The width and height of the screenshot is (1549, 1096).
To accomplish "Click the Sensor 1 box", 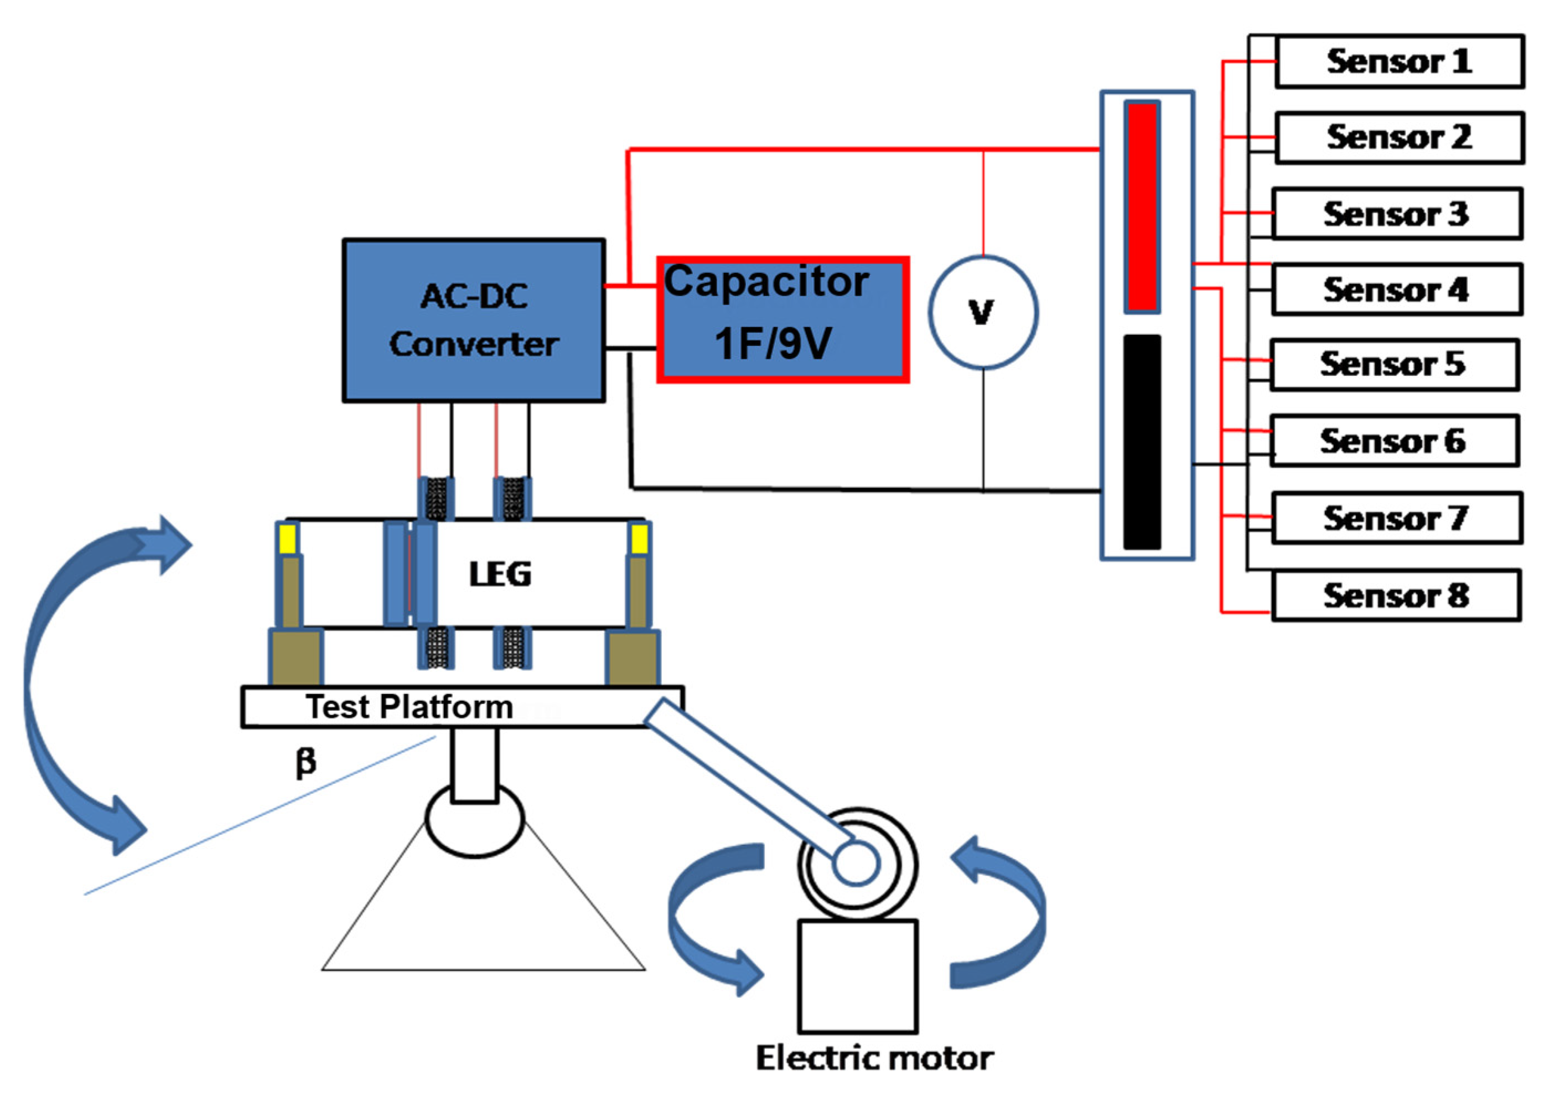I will click(x=1399, y=61).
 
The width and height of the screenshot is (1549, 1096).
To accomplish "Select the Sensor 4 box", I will click(x=1396, y=289).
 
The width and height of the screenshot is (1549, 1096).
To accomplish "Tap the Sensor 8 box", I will click(x=1396, y=595).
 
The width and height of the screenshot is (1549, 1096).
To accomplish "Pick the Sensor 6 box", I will click(x=1394, y=441).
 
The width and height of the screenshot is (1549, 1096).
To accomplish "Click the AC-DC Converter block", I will click(x=474, y=320).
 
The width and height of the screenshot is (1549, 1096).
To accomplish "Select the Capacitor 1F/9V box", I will click(x=783, y=320).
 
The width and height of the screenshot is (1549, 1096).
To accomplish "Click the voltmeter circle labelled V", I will click(x=983, y=312).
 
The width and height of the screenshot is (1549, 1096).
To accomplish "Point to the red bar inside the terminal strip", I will click(x=1142, y=206).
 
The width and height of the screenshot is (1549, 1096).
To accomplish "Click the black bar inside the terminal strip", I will click(x=1142, y=442).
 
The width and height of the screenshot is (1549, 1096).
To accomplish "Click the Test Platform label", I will click(x=410, y=707).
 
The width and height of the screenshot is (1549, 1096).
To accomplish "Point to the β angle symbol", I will click(x=305, y=763).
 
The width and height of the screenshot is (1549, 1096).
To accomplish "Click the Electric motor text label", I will click(x=874, y=1058).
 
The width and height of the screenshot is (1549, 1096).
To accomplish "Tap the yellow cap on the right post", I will click(x=639, y=539).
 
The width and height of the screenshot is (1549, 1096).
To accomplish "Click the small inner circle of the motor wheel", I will click(x=856, y=863).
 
